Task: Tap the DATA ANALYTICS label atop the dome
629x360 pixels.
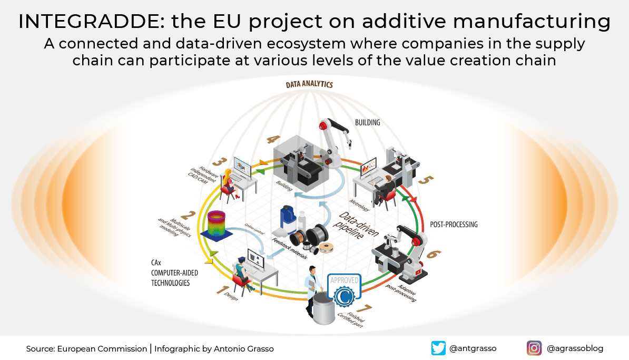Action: coord(309,84)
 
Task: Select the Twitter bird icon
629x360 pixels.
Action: coord(438,348)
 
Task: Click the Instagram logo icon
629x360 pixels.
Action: coord(534,348)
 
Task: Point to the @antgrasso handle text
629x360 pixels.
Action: coord(473,348)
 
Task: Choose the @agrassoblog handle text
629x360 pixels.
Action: coord(575,348)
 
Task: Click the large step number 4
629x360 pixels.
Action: coord(273,139)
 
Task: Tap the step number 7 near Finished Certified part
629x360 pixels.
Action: coord(361,307)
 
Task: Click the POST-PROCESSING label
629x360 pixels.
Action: coord(454,225)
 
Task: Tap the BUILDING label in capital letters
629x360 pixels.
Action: coord(367,123)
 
